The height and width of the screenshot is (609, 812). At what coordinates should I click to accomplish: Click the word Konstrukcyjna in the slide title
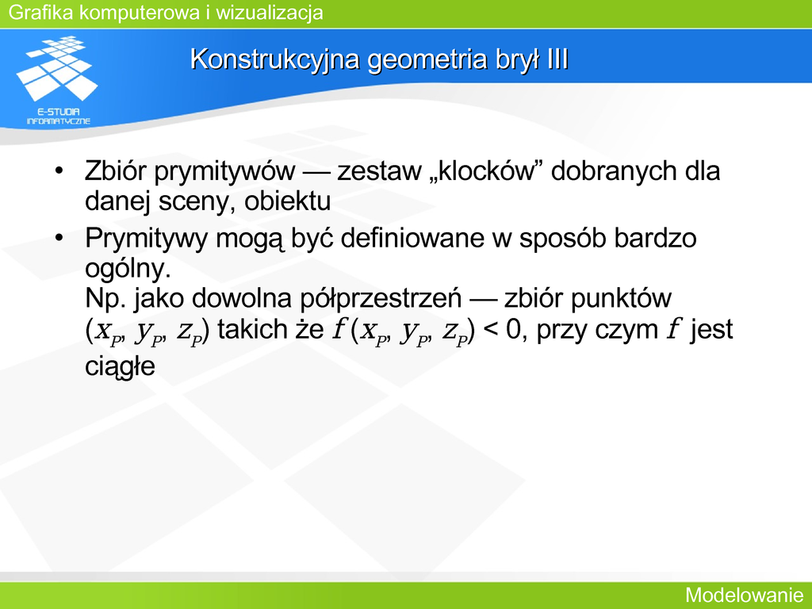(274, 59)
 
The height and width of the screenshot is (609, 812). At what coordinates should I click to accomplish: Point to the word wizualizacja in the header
(270, 13)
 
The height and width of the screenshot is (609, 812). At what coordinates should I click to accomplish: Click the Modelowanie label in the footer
(745, 595)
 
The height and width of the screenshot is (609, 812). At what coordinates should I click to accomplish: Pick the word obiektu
(287, 201)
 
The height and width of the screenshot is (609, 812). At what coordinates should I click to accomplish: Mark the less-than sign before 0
(489, 330)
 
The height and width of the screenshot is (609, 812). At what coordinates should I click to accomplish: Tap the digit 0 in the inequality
(513, 329)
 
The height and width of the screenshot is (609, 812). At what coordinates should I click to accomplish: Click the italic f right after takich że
(339, 329)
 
